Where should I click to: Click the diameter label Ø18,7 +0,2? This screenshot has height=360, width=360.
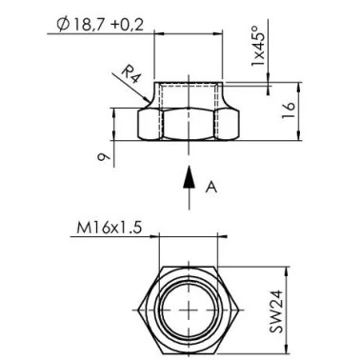pos(100,25)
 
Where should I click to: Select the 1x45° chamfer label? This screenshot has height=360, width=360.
pos(258,45)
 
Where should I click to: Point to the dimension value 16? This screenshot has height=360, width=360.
pos(289,110)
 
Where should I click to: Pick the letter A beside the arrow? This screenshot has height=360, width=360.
pos(211,188)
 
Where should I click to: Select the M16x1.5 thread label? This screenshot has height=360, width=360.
pos(109,228)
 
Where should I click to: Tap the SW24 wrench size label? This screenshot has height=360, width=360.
pos(276,311)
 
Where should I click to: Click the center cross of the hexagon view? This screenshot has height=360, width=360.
pos(190,310)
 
